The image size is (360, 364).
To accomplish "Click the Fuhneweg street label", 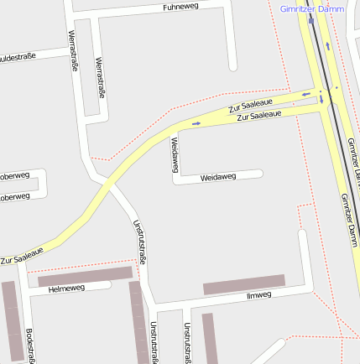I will (x=181, y=8).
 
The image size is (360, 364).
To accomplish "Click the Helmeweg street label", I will (x=67, y=289).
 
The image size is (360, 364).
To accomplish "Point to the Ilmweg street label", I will (x=258, y=296).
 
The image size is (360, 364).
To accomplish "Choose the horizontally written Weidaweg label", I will (x=218, y=178).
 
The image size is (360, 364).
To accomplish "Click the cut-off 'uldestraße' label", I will (x=18, y=58).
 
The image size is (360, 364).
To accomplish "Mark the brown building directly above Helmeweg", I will (x=85, y=277).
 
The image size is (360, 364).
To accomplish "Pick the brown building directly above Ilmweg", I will (x=244, y=284).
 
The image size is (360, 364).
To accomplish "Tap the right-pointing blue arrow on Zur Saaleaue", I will (x=196, y=123).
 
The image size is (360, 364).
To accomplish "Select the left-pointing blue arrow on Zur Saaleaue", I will (x=306, y=94).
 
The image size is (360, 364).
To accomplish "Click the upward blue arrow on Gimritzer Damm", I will (x=327, y=46).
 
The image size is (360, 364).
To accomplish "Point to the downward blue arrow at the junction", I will (x=321, y=101).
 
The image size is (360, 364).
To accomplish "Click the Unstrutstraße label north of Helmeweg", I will (x=140, y=242).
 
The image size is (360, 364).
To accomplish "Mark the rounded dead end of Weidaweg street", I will (x=260, y=174).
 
